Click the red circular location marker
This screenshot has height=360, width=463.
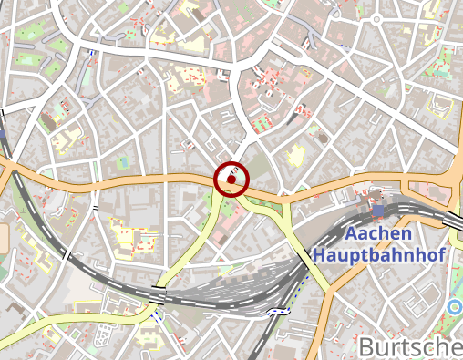[232, 180]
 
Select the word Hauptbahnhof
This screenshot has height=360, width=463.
[378, 255]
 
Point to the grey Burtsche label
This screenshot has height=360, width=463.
[410, 346]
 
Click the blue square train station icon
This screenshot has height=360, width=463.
[379, 211]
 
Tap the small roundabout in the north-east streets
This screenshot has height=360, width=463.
[322, 137]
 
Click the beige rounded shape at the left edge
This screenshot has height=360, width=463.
[3, 239]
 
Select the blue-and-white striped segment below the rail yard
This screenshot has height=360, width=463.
[277, 311]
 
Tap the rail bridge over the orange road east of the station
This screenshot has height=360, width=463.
[453, 220]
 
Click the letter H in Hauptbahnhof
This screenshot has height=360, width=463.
[320, 255]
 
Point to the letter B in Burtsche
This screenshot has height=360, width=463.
[366, 347]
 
